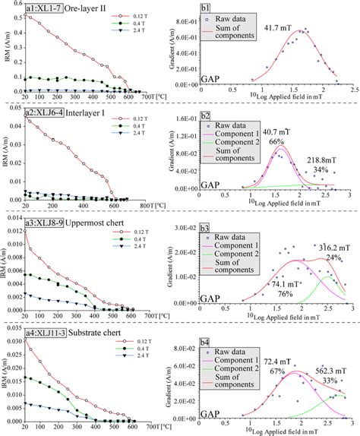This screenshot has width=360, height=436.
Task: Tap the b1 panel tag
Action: click(205, 8)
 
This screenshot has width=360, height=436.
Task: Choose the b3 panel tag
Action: click(205, 228)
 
